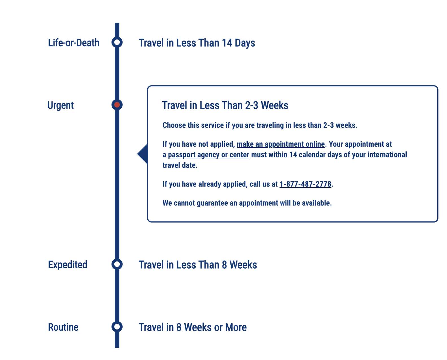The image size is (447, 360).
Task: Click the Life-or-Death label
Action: pos(73,43)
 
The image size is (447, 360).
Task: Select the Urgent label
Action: pos(60,105)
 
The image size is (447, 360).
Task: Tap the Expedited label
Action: pos(67,265)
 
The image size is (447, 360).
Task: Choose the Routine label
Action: pos(63,327)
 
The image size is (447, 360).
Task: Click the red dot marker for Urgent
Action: pos(117,105)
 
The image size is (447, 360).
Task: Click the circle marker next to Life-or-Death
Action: pos(117,42)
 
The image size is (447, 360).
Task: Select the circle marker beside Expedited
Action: pos(117,264)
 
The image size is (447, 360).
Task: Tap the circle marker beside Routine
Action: pos(117,327)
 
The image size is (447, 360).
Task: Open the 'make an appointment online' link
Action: pos(281,144)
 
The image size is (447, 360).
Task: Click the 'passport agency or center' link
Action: pos(209,155)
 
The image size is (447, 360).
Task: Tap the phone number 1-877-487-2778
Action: pos(305,184)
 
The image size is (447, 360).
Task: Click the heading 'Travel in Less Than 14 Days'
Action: pos(197,43)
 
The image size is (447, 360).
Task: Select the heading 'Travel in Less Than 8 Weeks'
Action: pos(198,265)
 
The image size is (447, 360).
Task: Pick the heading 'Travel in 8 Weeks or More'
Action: pos(193,327)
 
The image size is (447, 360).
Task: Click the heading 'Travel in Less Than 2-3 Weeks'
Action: pos(225,105)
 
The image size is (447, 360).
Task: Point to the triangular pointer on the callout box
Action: pos(143,154)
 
